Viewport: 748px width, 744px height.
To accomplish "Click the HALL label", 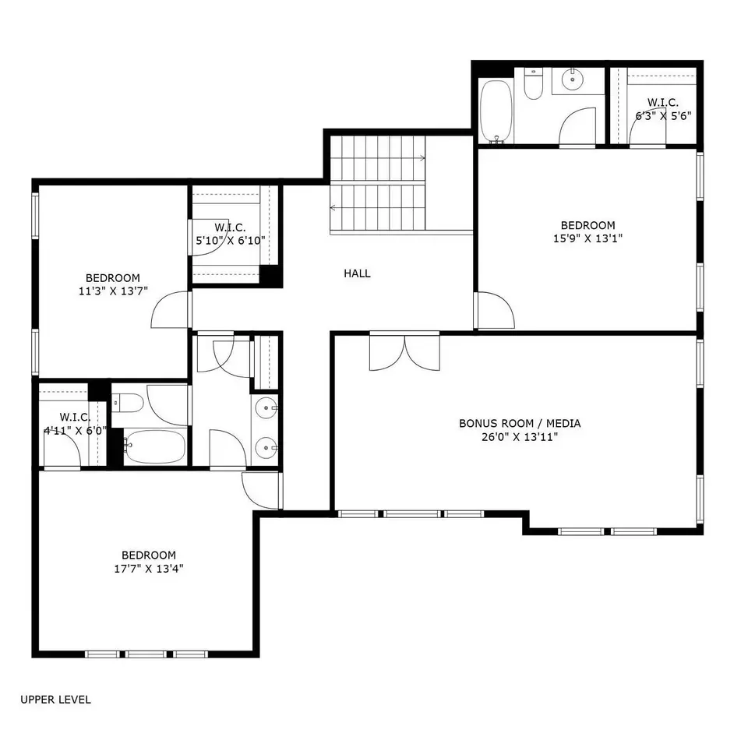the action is click(357, 273).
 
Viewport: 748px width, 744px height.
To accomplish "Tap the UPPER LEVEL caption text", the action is click(55, 700).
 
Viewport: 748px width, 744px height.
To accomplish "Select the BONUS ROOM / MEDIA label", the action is click(520, 423).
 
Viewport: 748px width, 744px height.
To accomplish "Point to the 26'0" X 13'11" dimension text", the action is click(520, 437).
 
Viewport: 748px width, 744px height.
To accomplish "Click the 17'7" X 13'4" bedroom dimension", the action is click(149, 569).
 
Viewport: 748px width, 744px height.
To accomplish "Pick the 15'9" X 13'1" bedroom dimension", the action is click(587, 238).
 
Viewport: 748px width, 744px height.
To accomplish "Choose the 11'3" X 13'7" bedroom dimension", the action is click(113, 291).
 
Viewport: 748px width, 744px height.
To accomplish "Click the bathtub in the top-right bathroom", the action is click(496, 111).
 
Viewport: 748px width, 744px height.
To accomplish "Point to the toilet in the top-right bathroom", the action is click(533, 83).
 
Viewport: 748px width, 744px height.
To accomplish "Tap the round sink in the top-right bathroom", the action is click(571, 79).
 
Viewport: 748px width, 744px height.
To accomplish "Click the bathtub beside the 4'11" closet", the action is click(155, 447).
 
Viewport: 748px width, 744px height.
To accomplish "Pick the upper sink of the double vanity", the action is click(266, 408).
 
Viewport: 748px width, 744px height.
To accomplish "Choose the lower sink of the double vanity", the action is click(266, 448).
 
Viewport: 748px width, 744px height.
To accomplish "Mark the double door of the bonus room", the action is click(404, 352).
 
